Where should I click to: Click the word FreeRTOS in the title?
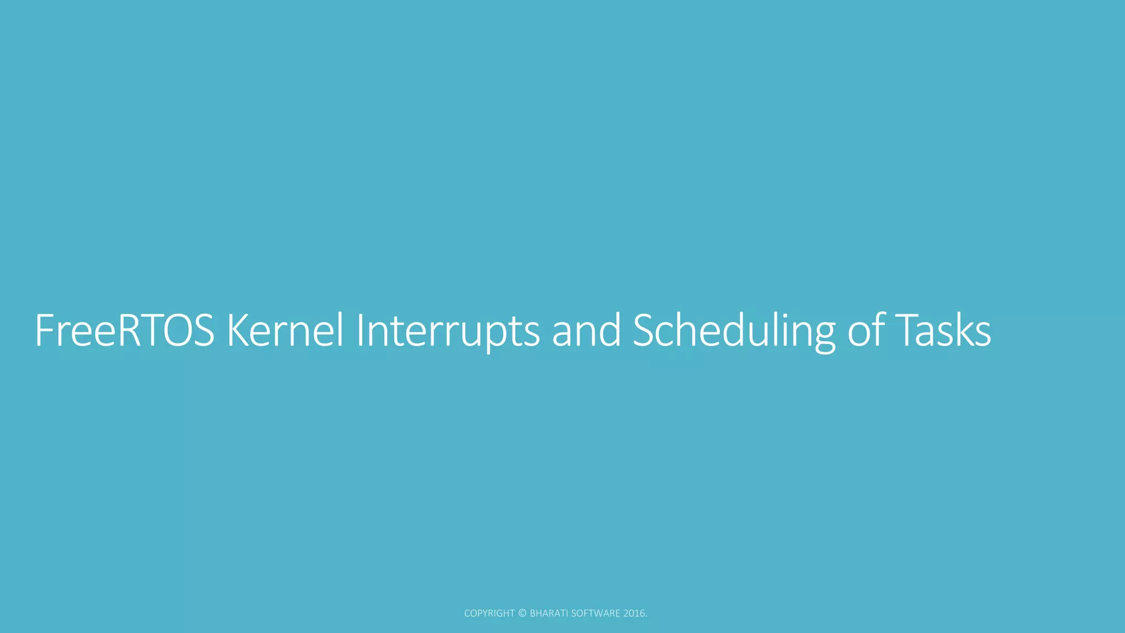[x=124, y=331]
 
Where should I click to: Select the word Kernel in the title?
[x=285, y=331]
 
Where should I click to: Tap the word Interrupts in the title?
[x=448, y=331]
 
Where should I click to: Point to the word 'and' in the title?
[x=586, y=331]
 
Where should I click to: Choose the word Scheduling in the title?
[x=734, y=331]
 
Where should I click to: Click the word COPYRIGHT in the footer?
[x=489, y=613]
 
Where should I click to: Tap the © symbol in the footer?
[x=522, y=613]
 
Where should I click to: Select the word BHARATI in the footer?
[x=549, y=613]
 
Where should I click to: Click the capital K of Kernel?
[x=238, y=331]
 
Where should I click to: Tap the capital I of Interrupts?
[x=360, y=331]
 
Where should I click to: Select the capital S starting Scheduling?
[x=644, y=331]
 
